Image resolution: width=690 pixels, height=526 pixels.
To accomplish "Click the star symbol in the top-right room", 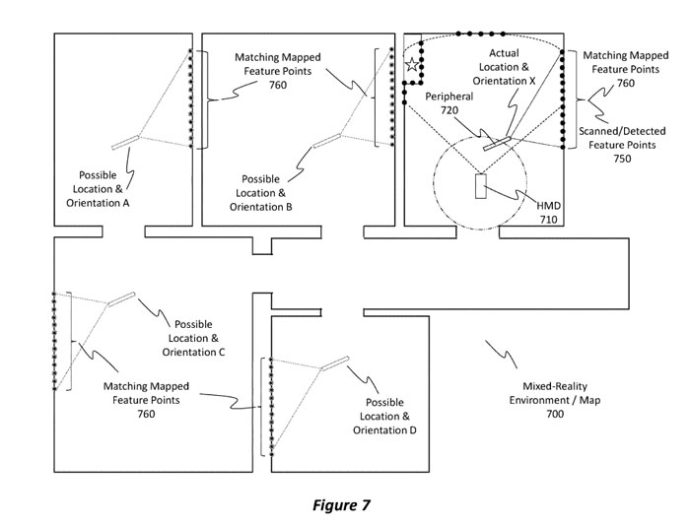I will pyautogui.click(x=411, y=65).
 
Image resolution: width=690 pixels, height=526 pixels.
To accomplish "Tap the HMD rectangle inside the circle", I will pyautogui.click(x=480, y=187).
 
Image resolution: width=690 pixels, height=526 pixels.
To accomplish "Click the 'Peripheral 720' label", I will pyautogui.click(x=448, y=105).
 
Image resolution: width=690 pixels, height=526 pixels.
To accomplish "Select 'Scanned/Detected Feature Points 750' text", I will pyautogui.click(x=622, y=144).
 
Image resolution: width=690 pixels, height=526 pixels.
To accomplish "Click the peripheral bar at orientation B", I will pyautogui.click(x=327, y=140).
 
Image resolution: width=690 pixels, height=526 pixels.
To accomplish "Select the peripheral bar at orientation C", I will pyautogui.click(x=122, y=297).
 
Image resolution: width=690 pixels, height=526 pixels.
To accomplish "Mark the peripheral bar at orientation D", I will pyautogui.click(x=335, y=362).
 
